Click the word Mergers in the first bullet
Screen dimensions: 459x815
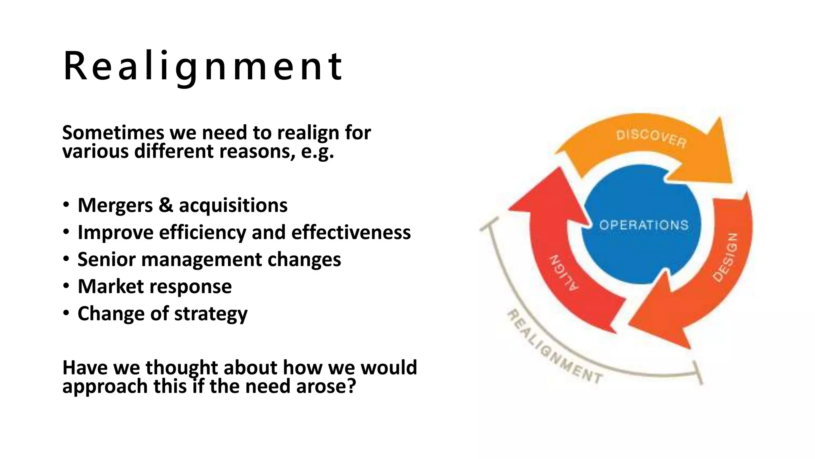[x=115, y=206]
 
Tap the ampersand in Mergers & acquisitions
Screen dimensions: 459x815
[x=166, y=206]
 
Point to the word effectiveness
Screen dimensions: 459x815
[x=351, y=233]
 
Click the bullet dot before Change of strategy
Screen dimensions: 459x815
[x=66, y=313]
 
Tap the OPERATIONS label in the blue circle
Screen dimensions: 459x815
[x=643, y=225]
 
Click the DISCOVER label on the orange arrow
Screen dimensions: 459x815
[x=651, y=138]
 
